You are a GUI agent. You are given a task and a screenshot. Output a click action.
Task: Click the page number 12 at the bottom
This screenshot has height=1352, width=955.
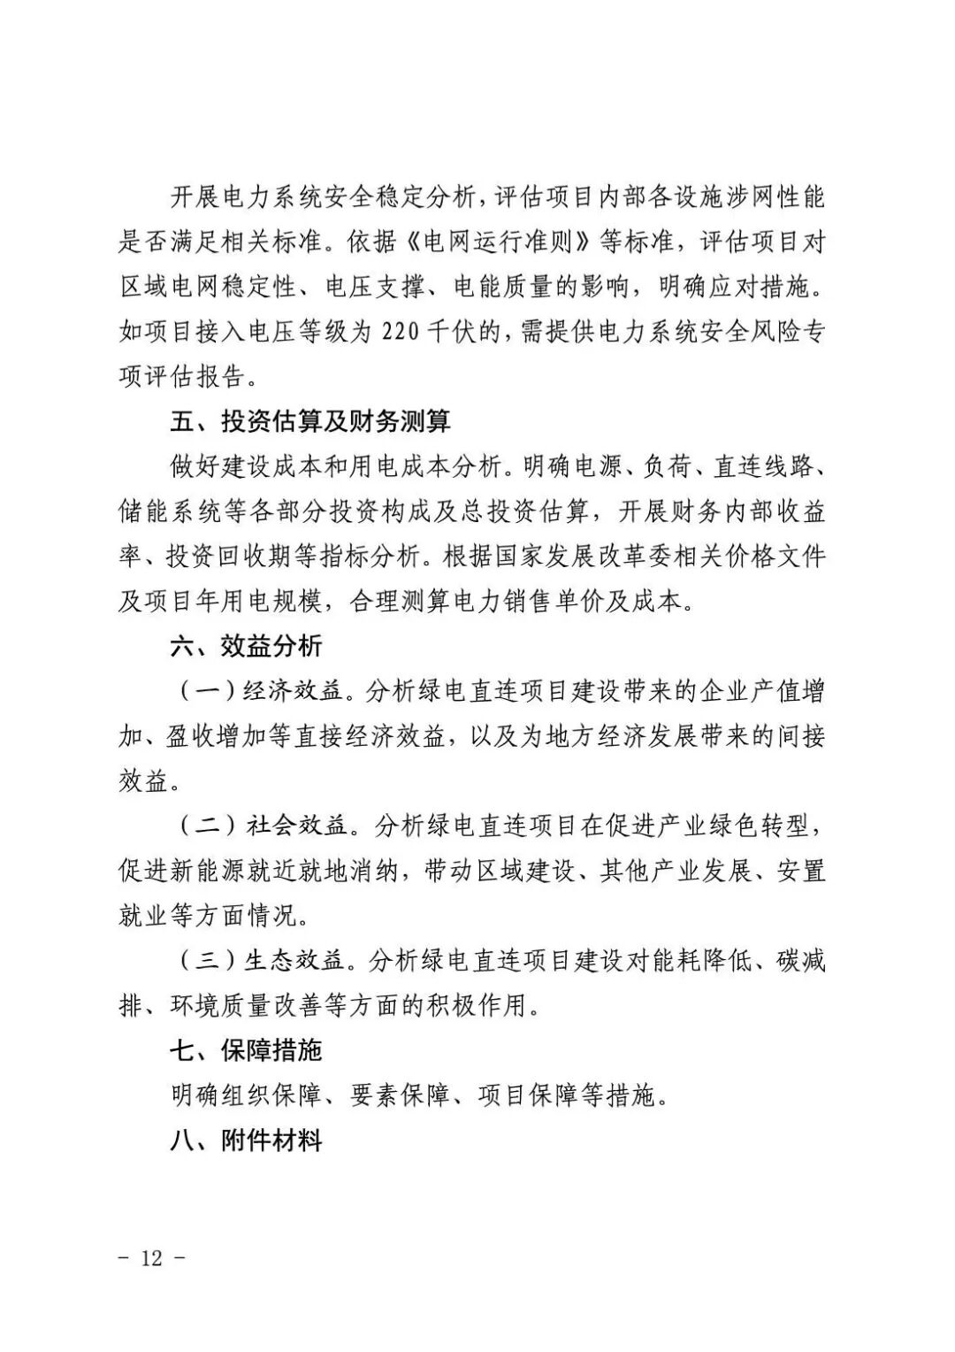pos(152,1256)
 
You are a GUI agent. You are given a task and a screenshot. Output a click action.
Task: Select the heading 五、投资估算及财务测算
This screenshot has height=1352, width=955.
pos(310,420)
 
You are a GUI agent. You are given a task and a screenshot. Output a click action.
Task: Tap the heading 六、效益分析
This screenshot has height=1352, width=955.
pos(246,646)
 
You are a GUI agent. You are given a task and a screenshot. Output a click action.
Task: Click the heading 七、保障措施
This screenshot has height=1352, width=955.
pos(246,1050)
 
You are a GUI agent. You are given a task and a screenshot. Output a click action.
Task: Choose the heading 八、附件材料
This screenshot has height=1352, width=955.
pos(246,1141)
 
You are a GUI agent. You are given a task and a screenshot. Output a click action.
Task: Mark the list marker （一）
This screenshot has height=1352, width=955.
pos(204,691)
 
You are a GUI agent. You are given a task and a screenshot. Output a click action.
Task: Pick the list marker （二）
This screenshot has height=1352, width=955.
pos(204,826)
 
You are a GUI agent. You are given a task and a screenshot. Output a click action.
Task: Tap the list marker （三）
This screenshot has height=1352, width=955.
pos(204,961)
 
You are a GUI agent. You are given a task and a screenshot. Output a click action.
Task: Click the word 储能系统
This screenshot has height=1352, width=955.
pos(166,511)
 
